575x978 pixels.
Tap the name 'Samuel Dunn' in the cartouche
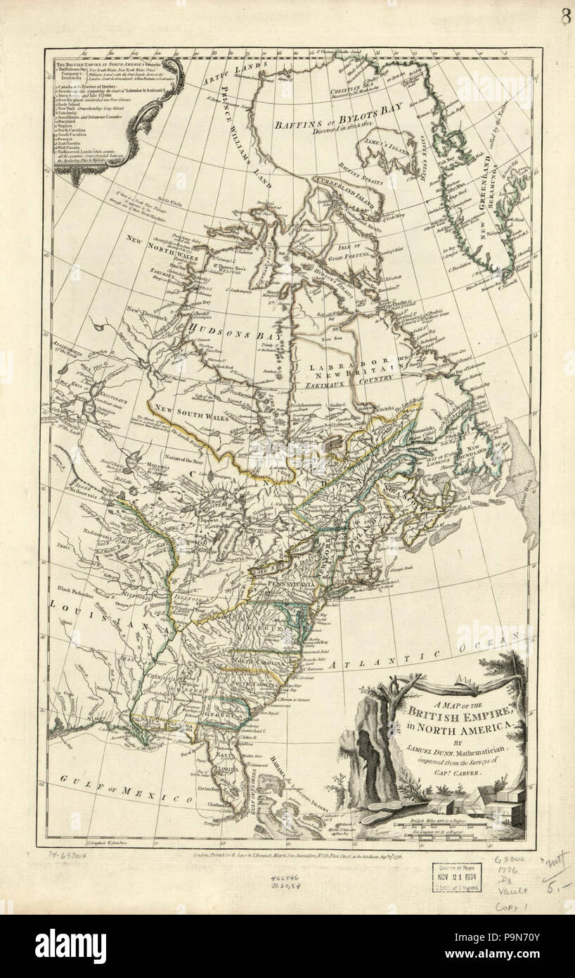(434, 752)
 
